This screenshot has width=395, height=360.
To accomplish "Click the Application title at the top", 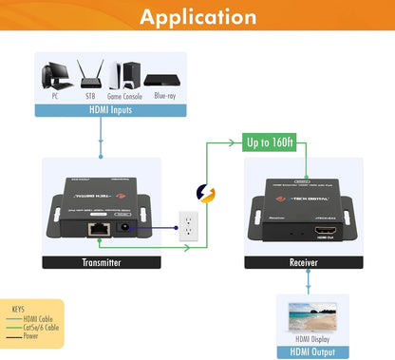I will point(197,17).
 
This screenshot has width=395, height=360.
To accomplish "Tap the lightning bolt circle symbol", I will point(206,194).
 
